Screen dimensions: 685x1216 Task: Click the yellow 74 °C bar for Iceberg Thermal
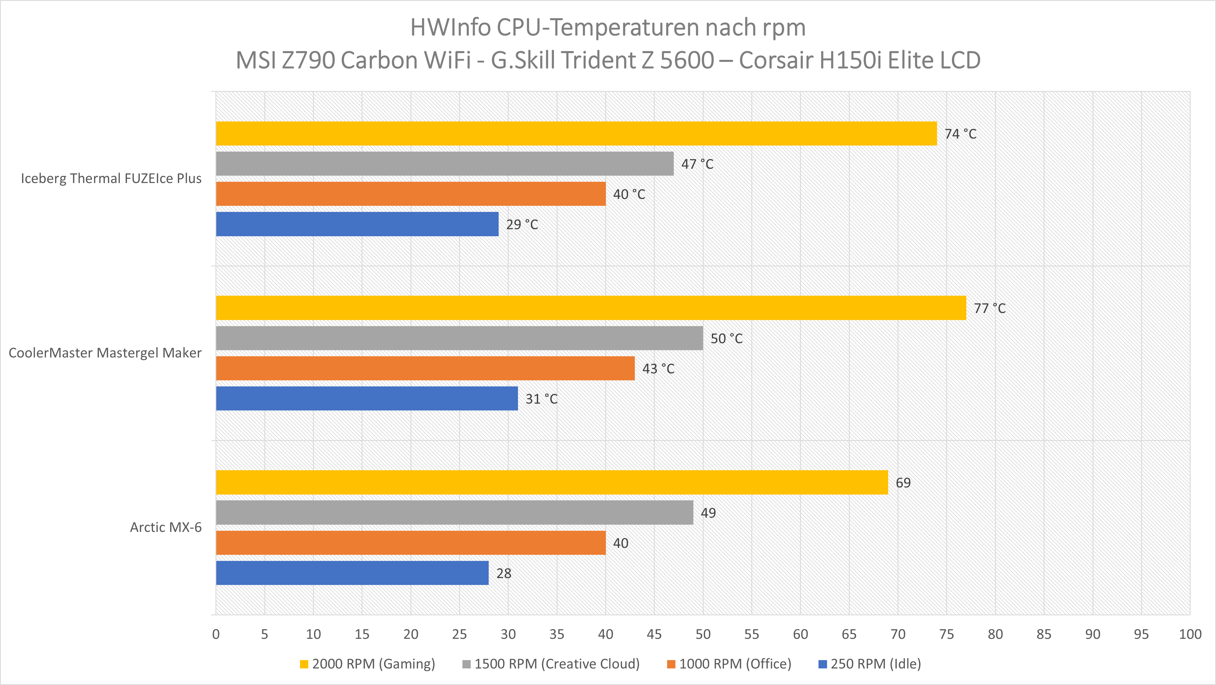coord(576,133)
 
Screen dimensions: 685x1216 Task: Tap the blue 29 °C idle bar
coord(357,224)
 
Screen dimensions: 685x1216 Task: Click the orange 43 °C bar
coord(425,368)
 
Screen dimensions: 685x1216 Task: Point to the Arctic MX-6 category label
coord(166,527)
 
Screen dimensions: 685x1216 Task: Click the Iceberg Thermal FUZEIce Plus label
coord(111,179)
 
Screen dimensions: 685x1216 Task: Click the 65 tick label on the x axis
coord(849,634)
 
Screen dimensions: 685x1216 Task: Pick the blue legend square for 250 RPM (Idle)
coord(822,664)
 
